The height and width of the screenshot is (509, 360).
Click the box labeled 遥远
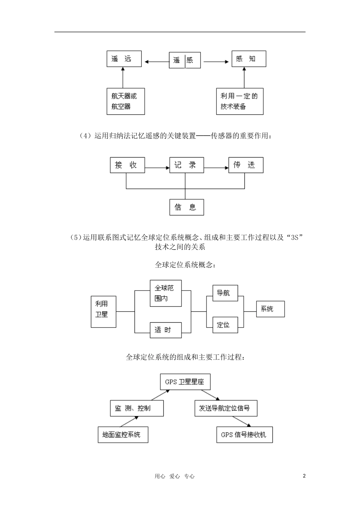click(124, 59)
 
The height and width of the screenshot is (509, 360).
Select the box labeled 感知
click(249, 59)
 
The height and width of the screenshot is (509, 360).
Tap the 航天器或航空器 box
click(125, 101)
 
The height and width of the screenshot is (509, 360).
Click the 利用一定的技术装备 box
click(239, 101)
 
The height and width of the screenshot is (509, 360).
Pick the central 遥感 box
click(185, 60)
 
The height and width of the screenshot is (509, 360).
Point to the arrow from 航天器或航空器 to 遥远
click(123, 78)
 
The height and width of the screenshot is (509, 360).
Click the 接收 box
click(127, 165)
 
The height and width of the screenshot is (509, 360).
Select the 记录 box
click(186, 165)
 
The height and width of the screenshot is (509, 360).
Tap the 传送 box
click(246, 165)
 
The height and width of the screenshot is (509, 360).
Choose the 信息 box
click(186, 207)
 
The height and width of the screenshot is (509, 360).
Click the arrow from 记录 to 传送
click(216, 167)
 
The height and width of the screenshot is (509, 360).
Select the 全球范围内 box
click(166, 294)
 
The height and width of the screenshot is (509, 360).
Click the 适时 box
click(166, 330)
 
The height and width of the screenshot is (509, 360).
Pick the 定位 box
click(225, 325)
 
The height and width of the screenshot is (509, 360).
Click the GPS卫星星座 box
click(185, 382)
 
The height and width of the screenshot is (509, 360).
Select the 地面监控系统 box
click(123, 435)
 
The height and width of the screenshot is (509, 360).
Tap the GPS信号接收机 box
click(244, 435)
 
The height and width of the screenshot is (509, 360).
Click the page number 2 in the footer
click(304, 476)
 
